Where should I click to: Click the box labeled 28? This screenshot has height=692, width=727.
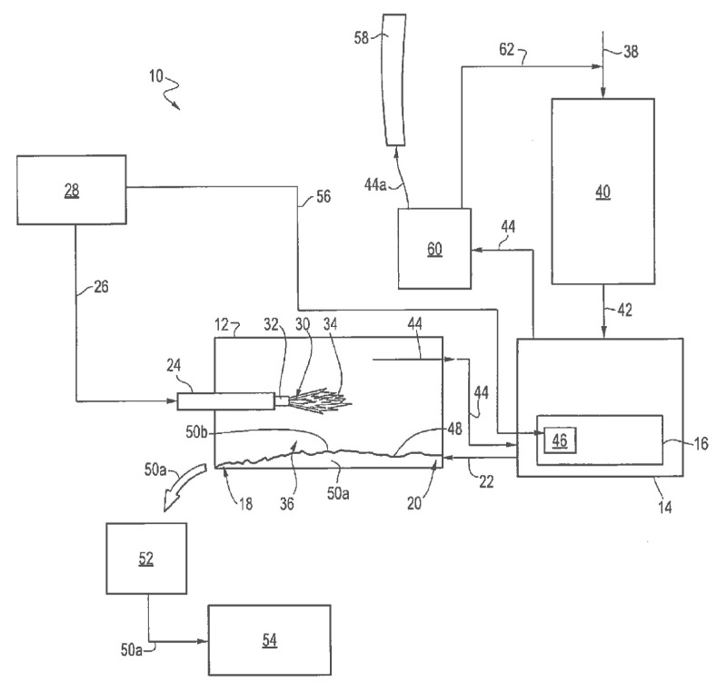[x=71, y=190]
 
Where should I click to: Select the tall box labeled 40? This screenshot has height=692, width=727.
[x=603, y=191]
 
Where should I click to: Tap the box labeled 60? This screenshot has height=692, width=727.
[x=434, y=248]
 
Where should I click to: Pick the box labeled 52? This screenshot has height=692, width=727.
[x=146, y=559]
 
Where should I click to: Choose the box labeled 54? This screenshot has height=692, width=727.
[x=269, y=640]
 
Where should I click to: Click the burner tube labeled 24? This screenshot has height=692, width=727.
[x=225, y=400]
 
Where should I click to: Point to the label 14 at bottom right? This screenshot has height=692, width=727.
[x=666, y=507]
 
